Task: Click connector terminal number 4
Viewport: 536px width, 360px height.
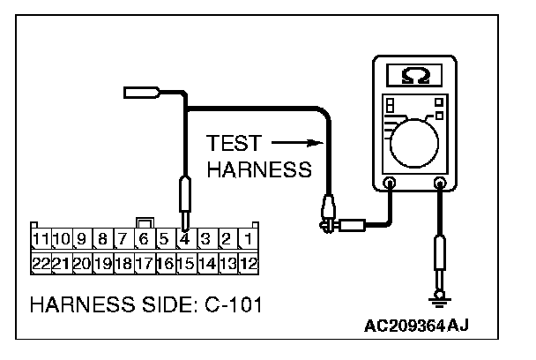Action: click(183, 238)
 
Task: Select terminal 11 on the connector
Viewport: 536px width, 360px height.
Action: click(41, 238)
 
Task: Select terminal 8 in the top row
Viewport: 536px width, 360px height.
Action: click(102, 238)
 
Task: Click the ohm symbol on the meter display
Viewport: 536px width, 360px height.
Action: click(414, 77)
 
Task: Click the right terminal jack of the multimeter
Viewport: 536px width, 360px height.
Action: click(440, 184)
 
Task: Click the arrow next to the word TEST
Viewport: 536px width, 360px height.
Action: click(291, 142)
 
